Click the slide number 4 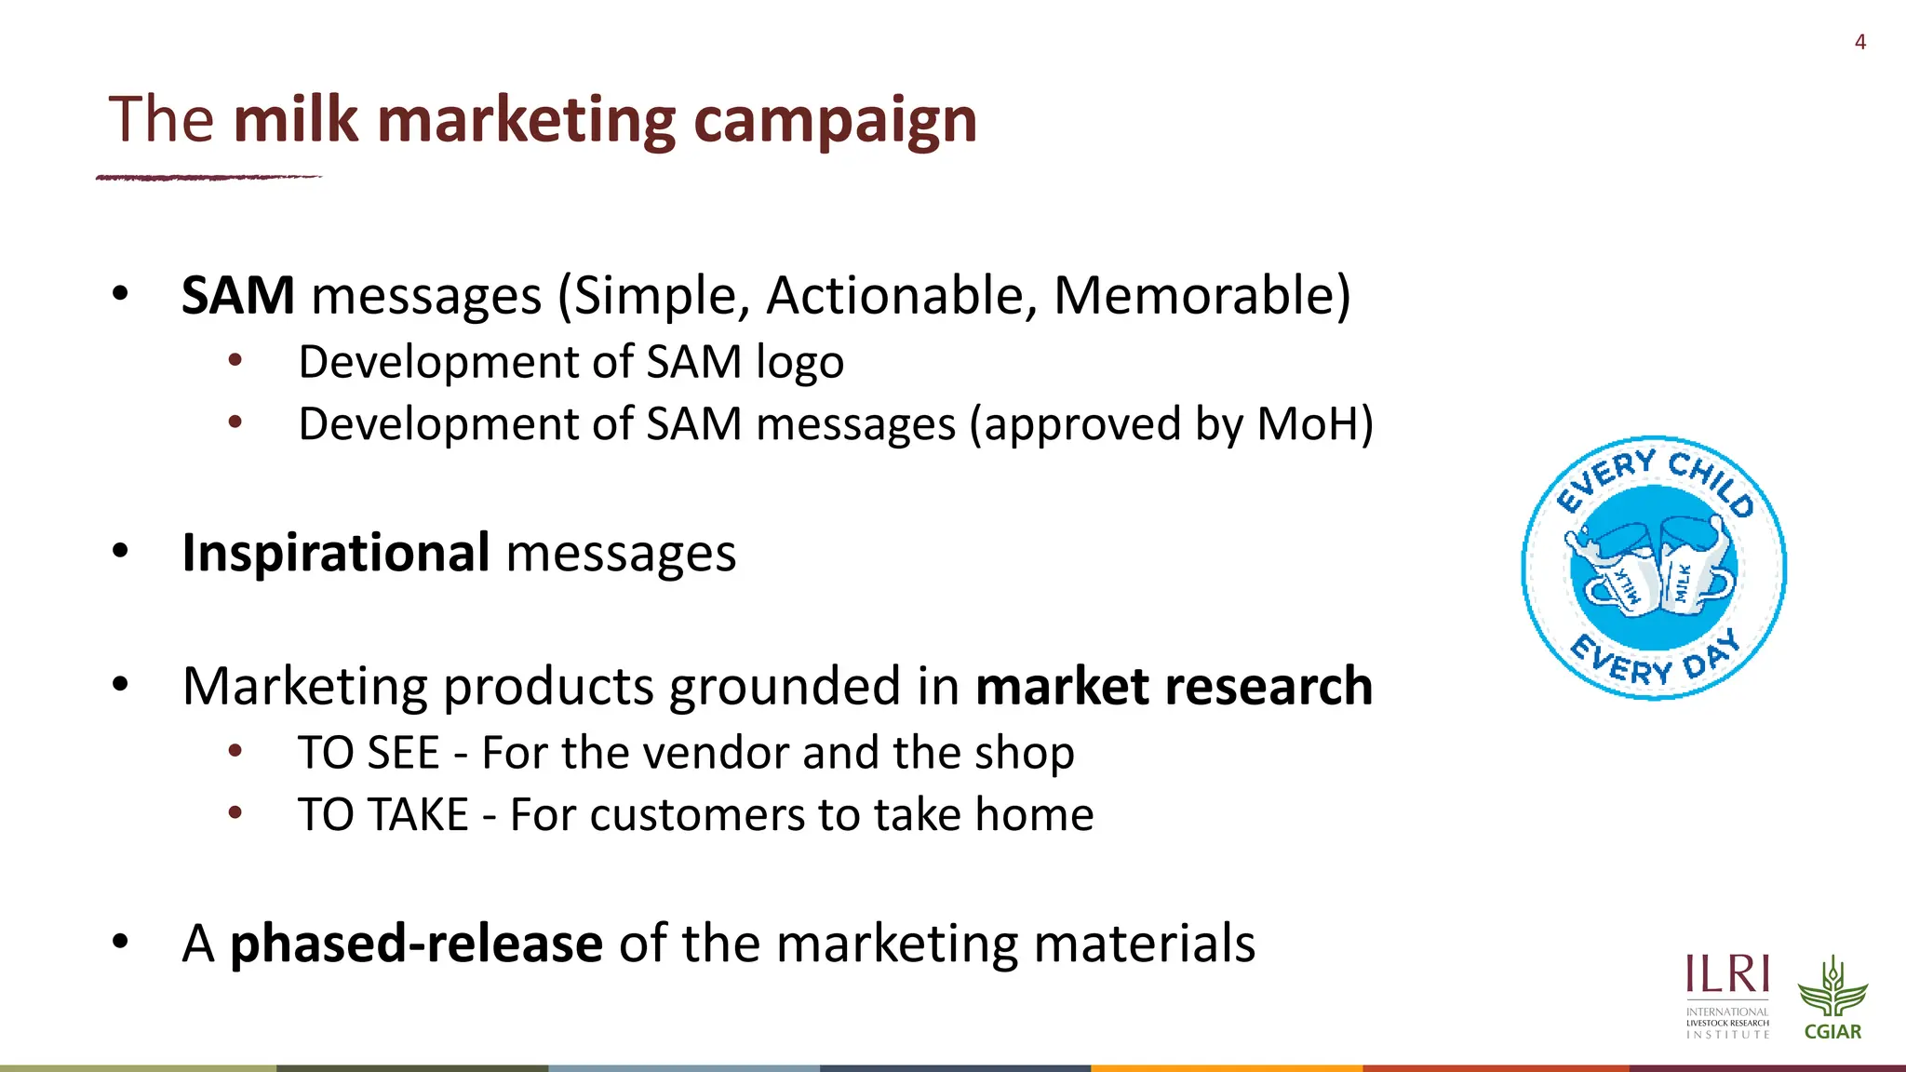click(1859, 42)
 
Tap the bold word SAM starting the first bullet click(238, 296)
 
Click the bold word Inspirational click(336, 553)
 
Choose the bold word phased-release click(416, 944)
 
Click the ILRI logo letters click(1727, 975)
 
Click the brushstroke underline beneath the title click(208, 177)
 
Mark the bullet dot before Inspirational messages click(120, 551)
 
